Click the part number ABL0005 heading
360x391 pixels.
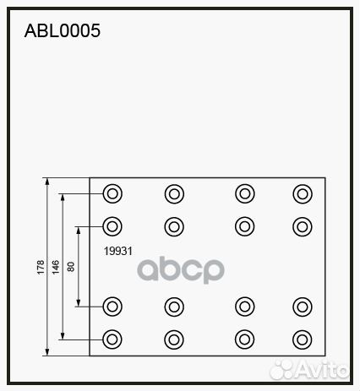[x=63, y=30]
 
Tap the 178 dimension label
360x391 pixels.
[x=41, y=267]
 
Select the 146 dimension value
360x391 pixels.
[x=56, y=267]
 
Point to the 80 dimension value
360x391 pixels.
[x=71, y=267]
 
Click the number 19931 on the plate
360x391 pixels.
[x=118, y=251]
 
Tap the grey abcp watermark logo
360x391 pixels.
[x=181, y=269]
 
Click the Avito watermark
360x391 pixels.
[x=309, y=369]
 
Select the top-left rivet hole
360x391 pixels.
[x=112, y=193]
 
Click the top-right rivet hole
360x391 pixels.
[x=303, y=194]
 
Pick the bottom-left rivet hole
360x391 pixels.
[x=112, y=339]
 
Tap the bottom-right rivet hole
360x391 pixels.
[x=303, y=339]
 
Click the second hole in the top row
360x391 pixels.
[x=174, y=194]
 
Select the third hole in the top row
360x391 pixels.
[x=245, y=193]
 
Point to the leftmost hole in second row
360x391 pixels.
[x=112, y=226]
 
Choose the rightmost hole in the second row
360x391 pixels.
[x=303, y=226]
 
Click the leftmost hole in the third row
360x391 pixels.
[x=112, y=307]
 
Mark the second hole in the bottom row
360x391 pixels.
[x=174, y=339]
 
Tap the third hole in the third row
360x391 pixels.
[x=245, y=307]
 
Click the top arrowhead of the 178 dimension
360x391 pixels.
[x=47, y=182]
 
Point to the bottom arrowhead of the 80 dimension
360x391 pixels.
[x=79, y=303]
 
